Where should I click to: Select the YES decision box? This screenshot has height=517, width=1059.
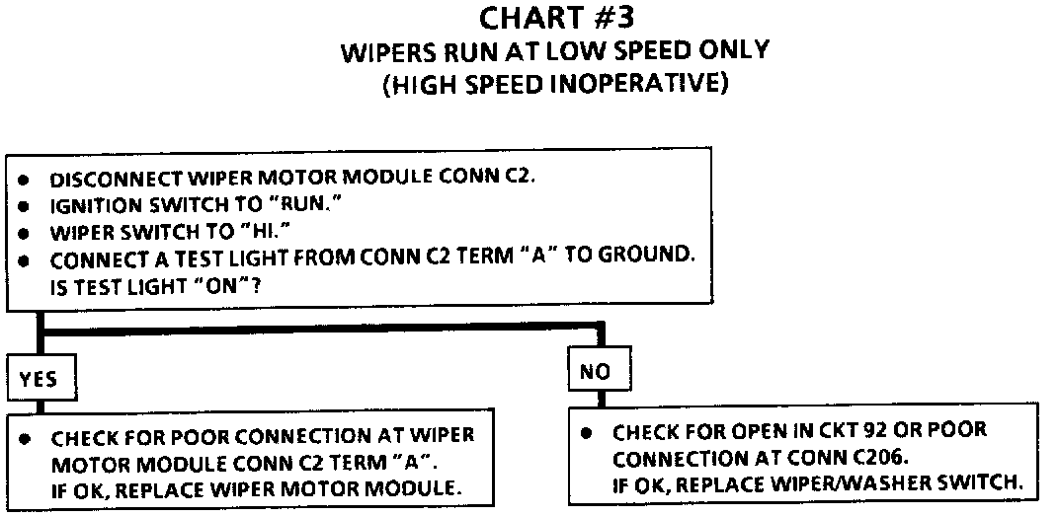pos(39,379)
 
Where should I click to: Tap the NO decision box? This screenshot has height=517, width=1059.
pos(597,371)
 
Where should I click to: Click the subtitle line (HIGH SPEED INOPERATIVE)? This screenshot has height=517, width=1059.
pos(555,85)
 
